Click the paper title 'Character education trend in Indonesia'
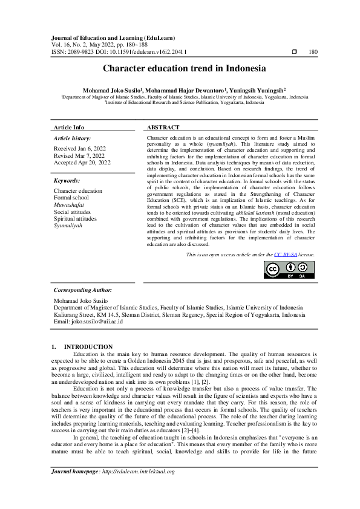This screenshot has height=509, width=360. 180,70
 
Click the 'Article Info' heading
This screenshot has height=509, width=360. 69,128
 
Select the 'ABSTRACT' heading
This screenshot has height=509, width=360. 163,128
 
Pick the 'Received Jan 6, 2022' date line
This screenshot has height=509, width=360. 80,148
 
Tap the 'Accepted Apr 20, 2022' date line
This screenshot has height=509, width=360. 82,163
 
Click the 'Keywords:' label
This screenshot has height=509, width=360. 67,181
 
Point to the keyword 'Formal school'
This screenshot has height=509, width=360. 71,198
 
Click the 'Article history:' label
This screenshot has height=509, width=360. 71,138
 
